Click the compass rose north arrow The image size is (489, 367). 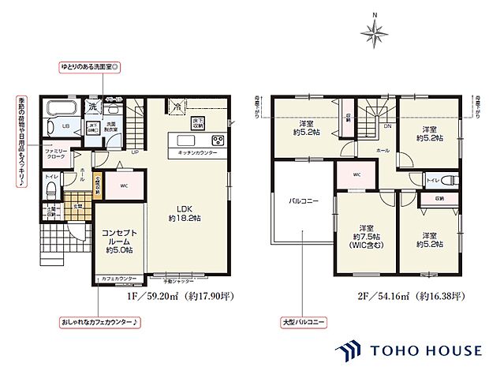click(375, 32)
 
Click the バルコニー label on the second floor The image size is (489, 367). click(302, 202)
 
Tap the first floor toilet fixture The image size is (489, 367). click(50, 189)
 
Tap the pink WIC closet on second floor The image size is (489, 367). click(356, 174)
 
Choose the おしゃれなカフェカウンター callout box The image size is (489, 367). click(99, 322)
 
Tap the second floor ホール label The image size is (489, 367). click(383, 148)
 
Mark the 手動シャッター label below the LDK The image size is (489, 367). click(178, 279)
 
